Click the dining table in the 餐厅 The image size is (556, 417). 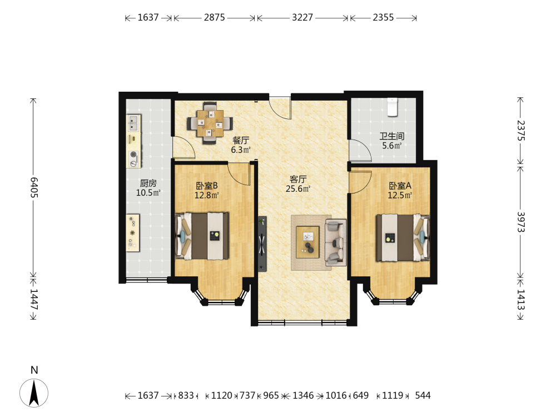click(210, 123)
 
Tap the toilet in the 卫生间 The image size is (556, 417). click(392, 107)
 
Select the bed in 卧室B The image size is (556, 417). click(202, 236)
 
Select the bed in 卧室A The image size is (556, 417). click(403, 237)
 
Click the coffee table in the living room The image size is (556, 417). click(307, 242)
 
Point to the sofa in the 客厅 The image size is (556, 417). click(335, 242)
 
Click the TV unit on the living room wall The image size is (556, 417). click(262, 244)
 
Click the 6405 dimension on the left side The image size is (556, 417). click(34, 187)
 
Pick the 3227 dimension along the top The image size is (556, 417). click(302, 17)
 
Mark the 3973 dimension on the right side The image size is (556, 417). click(520, 222)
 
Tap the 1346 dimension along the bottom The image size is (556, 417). click(303, 395)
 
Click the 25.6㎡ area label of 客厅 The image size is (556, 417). click(298, 189)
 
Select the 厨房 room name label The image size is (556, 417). click(148, 183)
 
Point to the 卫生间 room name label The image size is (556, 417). click(392, 136)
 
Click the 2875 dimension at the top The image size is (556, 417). click(215, 17)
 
